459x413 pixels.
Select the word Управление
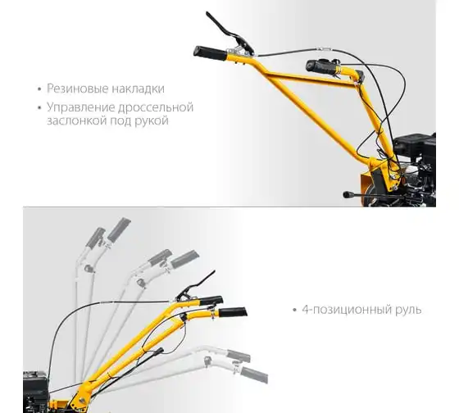pos(81,107)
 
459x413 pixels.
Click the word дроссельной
pos(156,107)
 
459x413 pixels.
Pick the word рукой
pos(152,120)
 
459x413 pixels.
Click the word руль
pos(408,310)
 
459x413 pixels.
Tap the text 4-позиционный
pos(347,310)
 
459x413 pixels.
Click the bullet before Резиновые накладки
pos(39,89)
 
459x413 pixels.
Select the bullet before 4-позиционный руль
pos(294,310)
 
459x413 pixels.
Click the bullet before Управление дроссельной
pos(39,107)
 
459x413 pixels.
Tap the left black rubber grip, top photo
pos(210,53)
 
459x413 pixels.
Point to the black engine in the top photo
pos(414,164)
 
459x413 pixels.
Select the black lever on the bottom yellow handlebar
pos(197,285)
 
